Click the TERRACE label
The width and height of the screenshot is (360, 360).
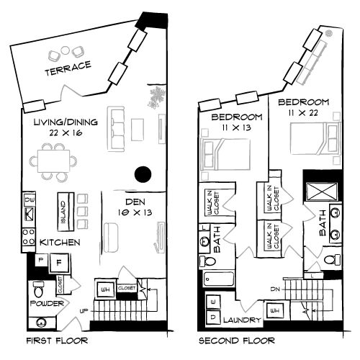click(x=68, y=68)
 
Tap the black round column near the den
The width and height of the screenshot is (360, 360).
click(x=143, y=174)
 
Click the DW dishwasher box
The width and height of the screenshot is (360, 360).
click(x=30, y=199)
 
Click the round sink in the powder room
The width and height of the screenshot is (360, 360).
click(x=40, y=322)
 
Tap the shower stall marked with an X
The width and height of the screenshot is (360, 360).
click(x=318, y=192)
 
